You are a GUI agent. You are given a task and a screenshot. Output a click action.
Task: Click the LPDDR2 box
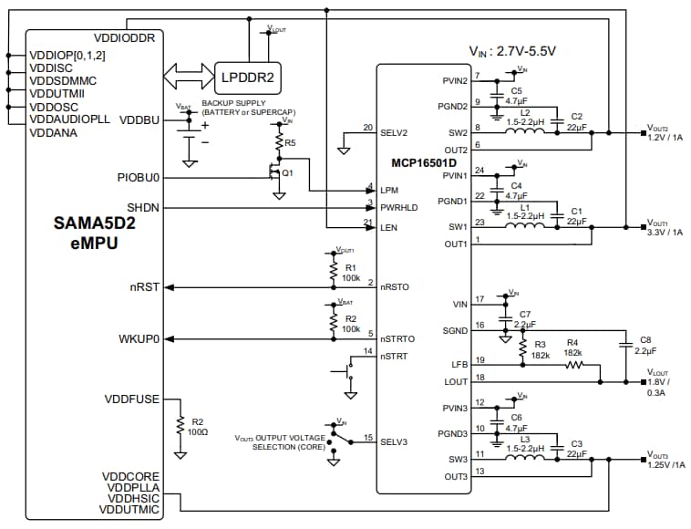pyautogui.click(x=248, y=77)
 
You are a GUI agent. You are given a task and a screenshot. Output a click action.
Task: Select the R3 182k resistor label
pyautogui.click(x=540, y=349)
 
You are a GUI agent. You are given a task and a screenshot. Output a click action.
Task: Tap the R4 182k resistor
pyautogui.click(x=572, y=365)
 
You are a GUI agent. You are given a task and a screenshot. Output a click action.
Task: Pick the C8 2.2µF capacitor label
pyautogui.click(x=645, y=344)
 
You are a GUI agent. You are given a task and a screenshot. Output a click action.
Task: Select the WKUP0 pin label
pyautogui.click(x=139, y=338)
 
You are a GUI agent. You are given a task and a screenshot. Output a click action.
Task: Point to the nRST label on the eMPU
pyautogui.click(x=145, y=286)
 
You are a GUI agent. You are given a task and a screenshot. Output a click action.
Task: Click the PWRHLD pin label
pyautogui.click(x=398, y=207)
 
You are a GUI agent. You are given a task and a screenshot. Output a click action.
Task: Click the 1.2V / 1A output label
pyautogui.click(x=664, y=137)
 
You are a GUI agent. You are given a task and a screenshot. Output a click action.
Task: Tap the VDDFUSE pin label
pyautogui.click(x=132, y=399)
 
